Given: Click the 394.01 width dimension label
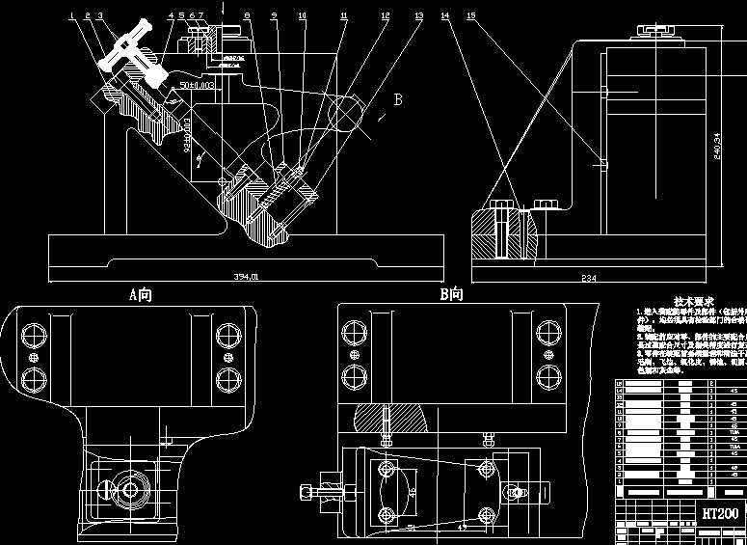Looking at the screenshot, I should [247, 277].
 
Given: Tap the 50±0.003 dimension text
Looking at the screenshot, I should [198, 86].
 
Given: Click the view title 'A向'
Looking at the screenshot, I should [141, 295].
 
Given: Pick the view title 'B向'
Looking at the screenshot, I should [451, 295].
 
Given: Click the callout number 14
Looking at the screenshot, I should [444, 16].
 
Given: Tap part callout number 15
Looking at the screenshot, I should [470, 16].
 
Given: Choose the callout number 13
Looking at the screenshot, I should [418, 16].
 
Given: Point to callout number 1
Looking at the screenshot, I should [71, 15].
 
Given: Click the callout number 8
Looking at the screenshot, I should [247, 16].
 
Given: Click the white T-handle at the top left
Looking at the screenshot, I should [132, 46].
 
